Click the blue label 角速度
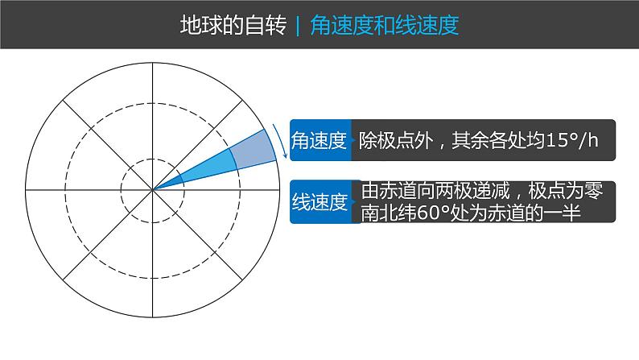[x=319, y=141]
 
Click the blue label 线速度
[x=319, y=202]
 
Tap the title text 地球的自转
[x=233, y=25]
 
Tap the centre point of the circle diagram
[x=152, y=190]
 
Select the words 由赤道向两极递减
[x=438, y=192]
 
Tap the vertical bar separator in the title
[x=299, y=25]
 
